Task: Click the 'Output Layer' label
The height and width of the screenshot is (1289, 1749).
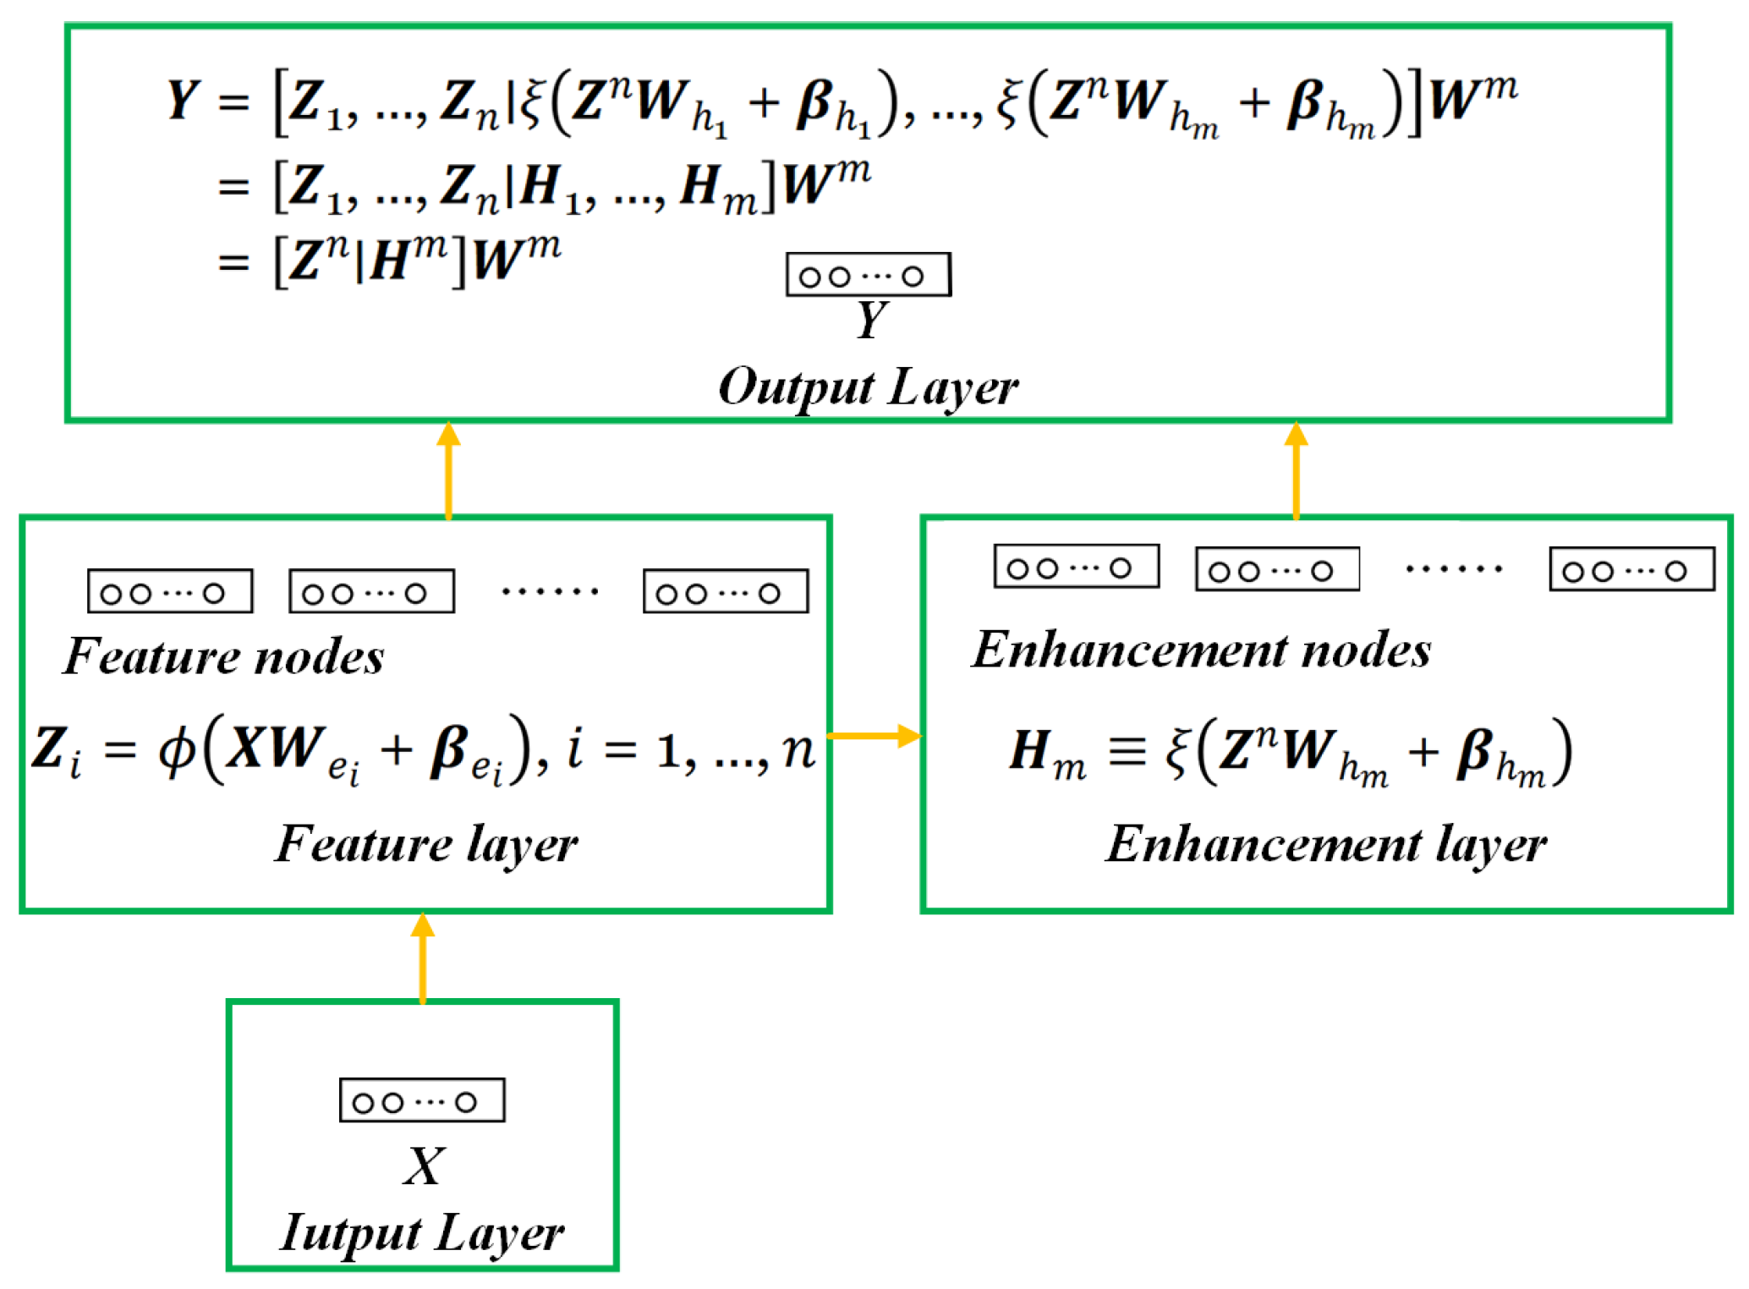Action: [868, 388]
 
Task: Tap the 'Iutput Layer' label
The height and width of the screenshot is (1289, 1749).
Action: [421, 1232]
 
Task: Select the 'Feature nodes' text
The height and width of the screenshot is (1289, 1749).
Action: [223, 656]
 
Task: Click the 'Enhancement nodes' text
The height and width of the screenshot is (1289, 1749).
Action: [1201, 650]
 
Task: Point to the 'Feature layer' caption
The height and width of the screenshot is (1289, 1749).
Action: [426, 844]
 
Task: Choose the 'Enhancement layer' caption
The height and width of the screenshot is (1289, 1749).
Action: [1325, 844]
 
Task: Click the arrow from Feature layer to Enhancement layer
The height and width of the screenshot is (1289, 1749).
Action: [874, 735]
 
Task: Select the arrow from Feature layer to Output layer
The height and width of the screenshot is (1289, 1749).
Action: [448, 470]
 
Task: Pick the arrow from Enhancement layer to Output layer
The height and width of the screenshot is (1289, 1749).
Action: [1296, 470]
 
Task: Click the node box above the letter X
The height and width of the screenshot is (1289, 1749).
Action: [422, 1100]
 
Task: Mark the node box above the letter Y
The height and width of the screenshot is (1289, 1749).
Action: [868, 274]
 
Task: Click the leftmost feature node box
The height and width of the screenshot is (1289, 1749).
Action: [170, 591]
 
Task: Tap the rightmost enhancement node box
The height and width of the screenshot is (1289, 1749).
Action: [1631, 569]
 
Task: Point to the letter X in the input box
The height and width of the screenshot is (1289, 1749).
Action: [423, 1166]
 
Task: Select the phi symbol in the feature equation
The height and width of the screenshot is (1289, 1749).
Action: [178, 749]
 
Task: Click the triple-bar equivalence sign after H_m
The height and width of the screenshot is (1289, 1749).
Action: [1127, 749]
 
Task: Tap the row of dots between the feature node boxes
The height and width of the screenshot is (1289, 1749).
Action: [550, 591]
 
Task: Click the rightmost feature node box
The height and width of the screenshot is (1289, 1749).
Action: [726, 591]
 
